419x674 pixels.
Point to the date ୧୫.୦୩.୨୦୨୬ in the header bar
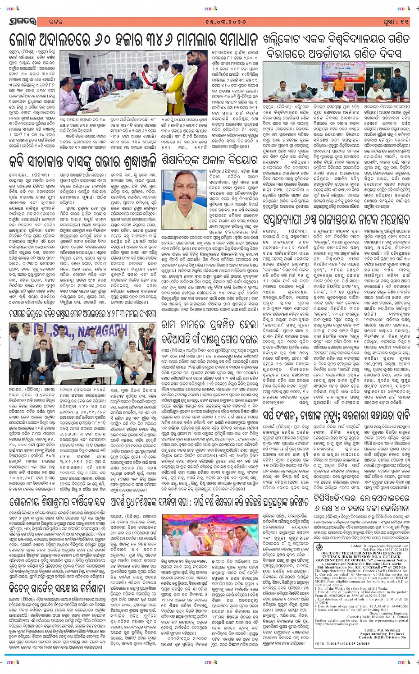209,21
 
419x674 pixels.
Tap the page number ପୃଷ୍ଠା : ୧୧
397,21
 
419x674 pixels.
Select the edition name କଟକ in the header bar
46,22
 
